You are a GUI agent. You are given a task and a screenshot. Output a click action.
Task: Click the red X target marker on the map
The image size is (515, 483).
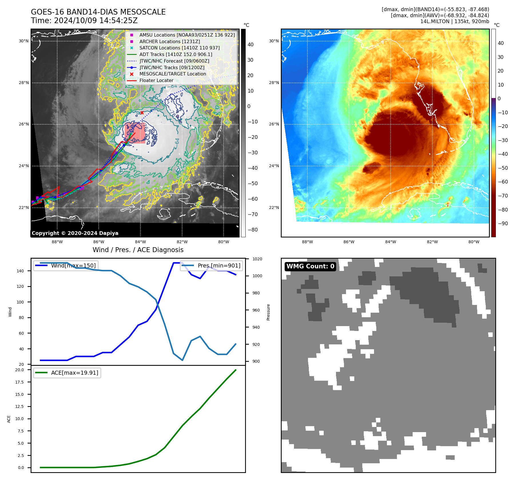coord(142,113)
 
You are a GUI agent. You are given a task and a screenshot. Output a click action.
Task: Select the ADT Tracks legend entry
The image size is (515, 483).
coord(176,54)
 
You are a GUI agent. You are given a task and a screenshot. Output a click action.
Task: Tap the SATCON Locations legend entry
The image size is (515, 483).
coord(179,48)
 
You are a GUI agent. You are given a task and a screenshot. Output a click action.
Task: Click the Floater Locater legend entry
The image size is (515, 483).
coord(156,81)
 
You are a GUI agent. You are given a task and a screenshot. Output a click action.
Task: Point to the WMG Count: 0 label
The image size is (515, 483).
coord(310,266)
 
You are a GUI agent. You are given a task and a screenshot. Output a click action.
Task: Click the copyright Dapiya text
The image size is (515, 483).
coord(75,233)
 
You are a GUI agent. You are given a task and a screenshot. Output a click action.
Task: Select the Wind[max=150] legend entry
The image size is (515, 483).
coord(73,266)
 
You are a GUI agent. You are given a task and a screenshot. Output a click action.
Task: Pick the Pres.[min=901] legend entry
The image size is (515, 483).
coord(219,266)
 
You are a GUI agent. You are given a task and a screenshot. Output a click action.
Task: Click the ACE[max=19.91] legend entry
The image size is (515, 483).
coord(74,373)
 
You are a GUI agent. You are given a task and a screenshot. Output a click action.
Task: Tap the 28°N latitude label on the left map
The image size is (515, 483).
coord(24,83)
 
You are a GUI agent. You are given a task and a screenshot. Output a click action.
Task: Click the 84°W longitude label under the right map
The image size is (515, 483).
coord(391,242)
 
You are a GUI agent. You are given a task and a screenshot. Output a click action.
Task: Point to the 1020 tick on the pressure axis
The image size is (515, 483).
coord(257,259)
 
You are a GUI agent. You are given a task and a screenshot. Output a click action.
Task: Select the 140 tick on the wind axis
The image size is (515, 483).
coord(20,271)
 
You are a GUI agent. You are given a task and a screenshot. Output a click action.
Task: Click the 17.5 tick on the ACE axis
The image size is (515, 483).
coord(19,382)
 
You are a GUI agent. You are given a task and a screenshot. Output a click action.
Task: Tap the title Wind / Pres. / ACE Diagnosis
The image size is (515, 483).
coord(138,250)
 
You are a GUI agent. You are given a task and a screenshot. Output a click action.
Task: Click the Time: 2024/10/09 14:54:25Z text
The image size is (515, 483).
coord(84,21)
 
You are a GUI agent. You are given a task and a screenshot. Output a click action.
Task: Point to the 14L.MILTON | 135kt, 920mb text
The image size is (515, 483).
coord(454,21)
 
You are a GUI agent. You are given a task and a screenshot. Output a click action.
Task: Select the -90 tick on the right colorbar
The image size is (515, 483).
coord(503,223)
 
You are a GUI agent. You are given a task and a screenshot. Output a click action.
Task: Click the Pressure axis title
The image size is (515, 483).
coord(268,312)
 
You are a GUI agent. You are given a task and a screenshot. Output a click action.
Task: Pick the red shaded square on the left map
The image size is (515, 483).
coord(135,133)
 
